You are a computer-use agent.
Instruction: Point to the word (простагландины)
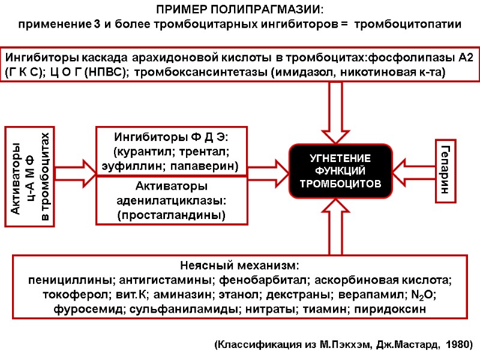pos(171,214)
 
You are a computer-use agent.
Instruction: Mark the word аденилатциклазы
pos(171,200)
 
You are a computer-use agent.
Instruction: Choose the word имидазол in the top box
pos(310,73)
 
